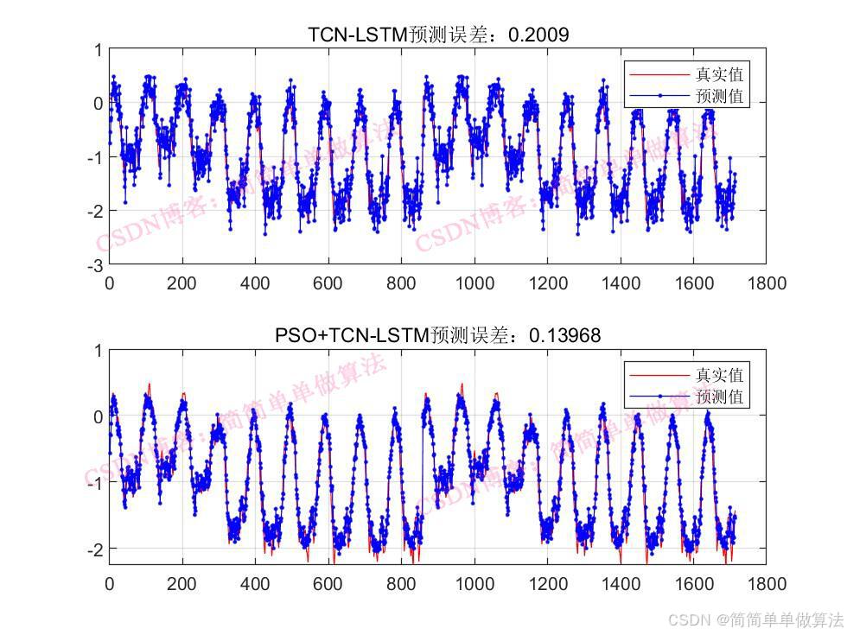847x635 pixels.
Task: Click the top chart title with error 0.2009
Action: (438, 35)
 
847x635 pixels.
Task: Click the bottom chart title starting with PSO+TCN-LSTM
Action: (437, 334)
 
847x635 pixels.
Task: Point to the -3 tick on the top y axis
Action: (95, 264)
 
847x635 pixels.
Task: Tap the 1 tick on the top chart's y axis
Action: (99, 50)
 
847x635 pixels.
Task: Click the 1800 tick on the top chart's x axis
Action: (767, 283)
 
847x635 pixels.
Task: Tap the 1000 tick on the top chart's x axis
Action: (474, 283)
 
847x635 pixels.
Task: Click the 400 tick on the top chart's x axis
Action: (255, 283)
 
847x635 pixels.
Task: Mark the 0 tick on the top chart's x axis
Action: (109, 283)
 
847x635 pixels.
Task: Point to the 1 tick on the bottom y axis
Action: (99, 350)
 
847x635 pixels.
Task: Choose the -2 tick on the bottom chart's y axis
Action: (95, 549)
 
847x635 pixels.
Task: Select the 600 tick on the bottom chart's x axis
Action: (328, 583)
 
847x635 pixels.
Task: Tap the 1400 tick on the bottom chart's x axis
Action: (621, 583)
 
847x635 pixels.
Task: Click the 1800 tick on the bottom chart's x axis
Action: (767, 583)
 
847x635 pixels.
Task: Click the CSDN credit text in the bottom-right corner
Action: (755, 619)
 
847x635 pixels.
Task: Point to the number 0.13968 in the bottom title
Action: (564, 334)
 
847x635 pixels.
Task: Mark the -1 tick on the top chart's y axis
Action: (95, 157)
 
